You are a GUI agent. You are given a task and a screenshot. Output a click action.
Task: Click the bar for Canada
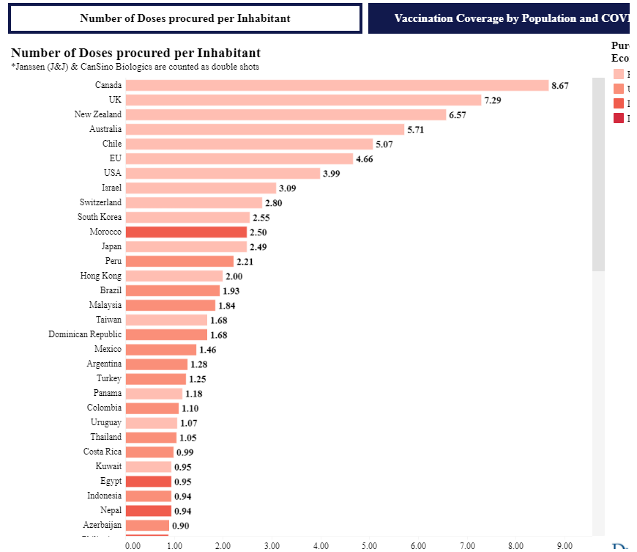[x=337, y=85]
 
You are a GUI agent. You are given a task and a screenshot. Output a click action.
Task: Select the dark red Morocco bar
[x=186, y=232]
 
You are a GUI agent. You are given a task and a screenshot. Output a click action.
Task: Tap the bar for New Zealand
[x=286, y=114]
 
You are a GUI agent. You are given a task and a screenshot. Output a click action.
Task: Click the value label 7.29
[x=492, y=100]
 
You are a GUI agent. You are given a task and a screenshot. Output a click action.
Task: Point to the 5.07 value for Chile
[x=384, y=144]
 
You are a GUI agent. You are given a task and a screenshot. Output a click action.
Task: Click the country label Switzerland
[x=100, y=202]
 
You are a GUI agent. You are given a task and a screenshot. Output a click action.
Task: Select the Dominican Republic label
[x=85, y=334]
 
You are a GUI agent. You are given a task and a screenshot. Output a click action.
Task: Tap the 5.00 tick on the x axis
[x=370, y=545]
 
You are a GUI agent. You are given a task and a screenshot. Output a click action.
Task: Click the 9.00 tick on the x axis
[x=565, y=545]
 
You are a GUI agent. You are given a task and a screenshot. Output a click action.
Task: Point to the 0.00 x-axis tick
[x=133, y=545]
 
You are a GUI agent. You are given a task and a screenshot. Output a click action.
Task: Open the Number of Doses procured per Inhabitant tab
[x=185, y=18]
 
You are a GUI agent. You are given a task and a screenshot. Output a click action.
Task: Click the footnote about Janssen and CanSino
[x=135, y=67]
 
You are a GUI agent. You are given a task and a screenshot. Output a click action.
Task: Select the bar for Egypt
[x=148, y=481]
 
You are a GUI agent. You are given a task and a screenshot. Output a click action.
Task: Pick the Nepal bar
[x=148, y=510]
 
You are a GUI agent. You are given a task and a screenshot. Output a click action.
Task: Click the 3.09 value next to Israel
[x=287, y=188]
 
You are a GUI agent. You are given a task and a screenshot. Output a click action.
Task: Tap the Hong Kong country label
[x=101, y=276]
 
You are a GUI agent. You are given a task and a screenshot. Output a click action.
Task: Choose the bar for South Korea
[x=187, y=217]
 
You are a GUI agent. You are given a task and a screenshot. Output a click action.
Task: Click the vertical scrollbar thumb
[x=598, y=183]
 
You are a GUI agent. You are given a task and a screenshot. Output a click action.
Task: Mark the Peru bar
[x=179, y=261]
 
